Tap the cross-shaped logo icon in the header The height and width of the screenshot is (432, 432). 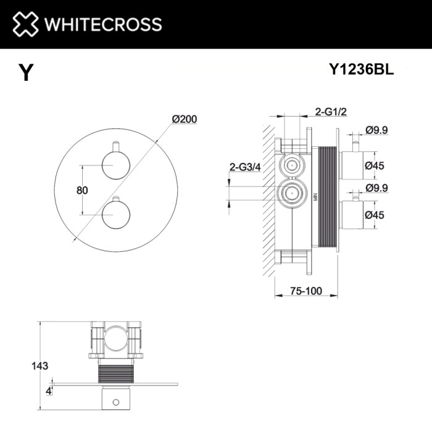point(25,24)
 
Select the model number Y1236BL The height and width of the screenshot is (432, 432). point(362,70)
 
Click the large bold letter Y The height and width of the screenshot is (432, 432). point(25,73)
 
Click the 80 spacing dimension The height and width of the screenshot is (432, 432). point(81,189)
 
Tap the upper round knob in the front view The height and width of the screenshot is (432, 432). point(115,165)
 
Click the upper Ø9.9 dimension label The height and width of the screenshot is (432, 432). point(377,130)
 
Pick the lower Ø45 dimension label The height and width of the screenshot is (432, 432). point(375,214)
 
